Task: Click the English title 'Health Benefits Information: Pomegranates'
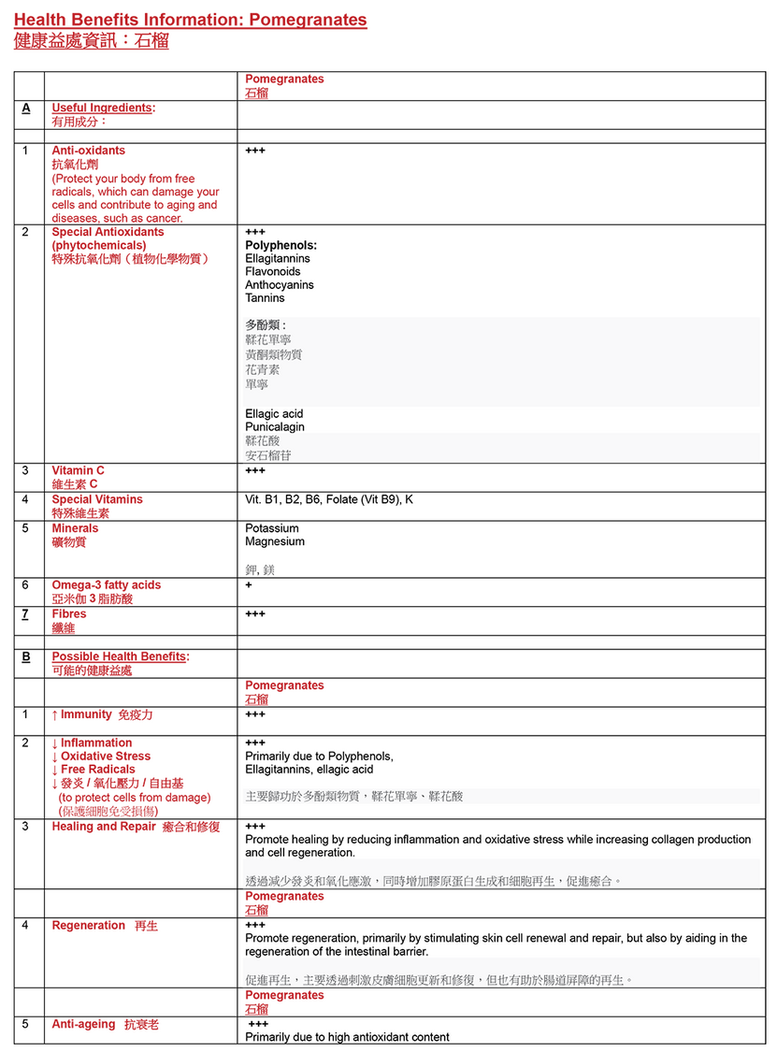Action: pos(190,20)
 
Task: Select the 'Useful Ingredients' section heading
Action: pos(102,108)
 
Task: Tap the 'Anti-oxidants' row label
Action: pos(88,151)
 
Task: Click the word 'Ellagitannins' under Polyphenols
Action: pos(278,258)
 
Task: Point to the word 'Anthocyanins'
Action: pos(280,284)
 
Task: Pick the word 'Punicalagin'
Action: pos(275,426)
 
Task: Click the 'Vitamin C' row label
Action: pos(78,470)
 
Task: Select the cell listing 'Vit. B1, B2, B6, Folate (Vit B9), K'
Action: pos(329,499)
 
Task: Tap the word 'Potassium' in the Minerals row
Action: pos(272,528)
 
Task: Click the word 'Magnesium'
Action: pos(275,541)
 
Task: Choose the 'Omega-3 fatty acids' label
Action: pos(106,585)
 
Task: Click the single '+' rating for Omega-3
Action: pos(249,585)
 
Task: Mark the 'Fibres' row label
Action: pos(68,614)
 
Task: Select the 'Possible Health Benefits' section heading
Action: pos(120,656)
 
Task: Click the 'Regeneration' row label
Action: pos(88,926)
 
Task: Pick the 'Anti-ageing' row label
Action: pos(84,1024)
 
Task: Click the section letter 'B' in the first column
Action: pos(26,656)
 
